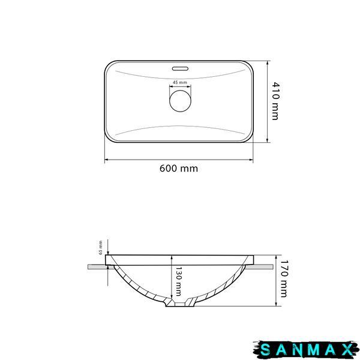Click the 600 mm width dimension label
179,168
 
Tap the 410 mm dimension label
275,101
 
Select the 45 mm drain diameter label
180,82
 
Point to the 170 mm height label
284,278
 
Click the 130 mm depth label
178,281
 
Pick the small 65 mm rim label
101,247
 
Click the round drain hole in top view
180,101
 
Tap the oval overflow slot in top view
180,68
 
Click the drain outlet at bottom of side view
180,304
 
